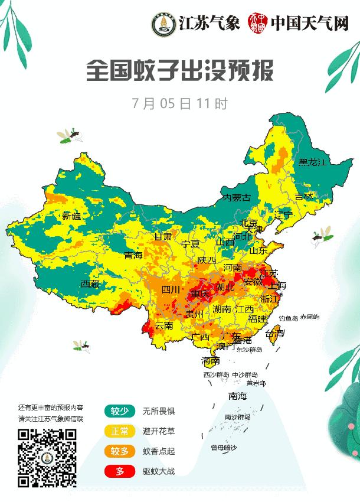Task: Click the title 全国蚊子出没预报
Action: [179, 72]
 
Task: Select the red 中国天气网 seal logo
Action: [257, 23]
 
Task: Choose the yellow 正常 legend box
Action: [120, 431]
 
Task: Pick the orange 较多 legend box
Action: [120, 451]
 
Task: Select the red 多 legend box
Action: [120, 471]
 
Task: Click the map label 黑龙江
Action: [312, 162]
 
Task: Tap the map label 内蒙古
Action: [236, 197]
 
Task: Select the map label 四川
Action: [171, 289]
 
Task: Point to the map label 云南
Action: [163, 325]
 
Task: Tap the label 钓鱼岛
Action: [289, 318]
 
